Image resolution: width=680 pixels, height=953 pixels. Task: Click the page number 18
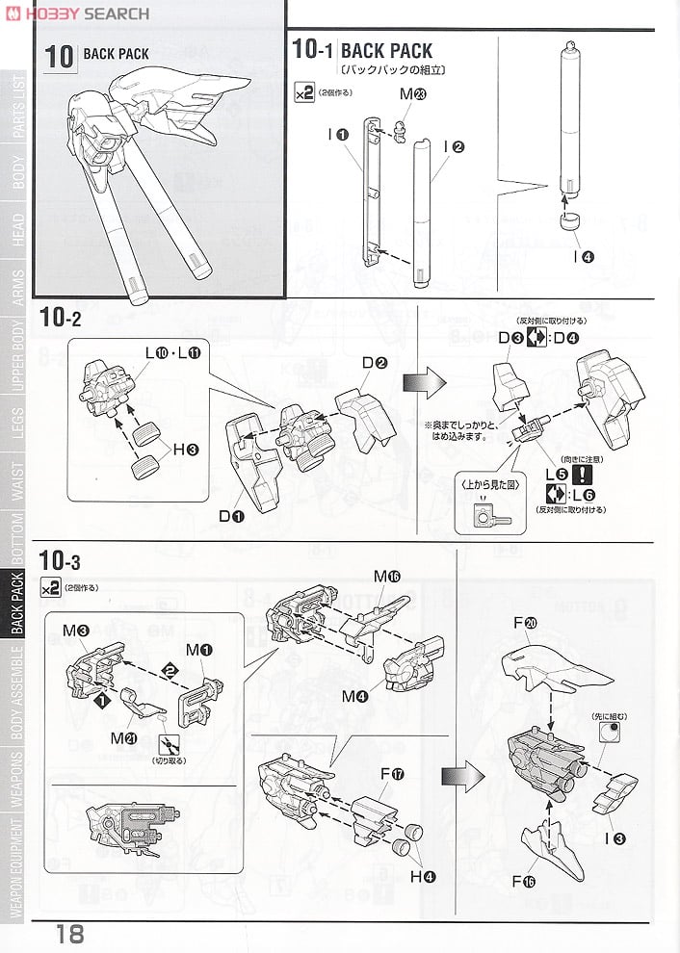(x=69, y=934)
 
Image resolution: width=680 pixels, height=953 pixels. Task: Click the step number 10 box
(x=60, y=55)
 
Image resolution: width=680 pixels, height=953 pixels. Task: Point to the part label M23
(x=412, y=94)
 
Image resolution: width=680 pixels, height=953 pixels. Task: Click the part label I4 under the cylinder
(x=582, y=256)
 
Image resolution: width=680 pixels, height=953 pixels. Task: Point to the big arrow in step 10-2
(x=425, y=382)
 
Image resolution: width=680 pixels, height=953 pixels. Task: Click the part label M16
(x=387, y=576)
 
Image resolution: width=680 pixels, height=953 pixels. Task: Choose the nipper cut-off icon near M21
(x=174, y=743)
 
